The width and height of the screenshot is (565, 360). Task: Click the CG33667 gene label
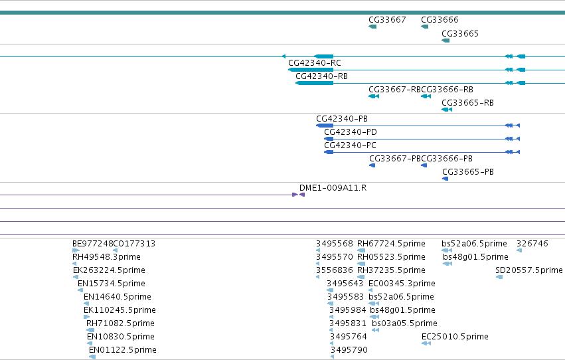pos(387,20)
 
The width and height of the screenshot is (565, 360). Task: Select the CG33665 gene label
pos(460,34)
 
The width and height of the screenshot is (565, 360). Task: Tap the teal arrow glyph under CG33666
pos(424,27)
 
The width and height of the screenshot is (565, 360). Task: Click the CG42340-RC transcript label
pos(314,63)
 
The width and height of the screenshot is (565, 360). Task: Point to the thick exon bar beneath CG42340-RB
pos(314,83)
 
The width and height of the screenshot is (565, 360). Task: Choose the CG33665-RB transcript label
pos(467,103)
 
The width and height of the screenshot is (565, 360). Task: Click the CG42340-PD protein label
pos(351,132)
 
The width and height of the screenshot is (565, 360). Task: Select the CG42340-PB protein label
pos(342,119)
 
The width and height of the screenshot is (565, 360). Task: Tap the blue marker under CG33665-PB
pos(445,179)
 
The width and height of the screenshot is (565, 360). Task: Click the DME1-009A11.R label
pos(333,188)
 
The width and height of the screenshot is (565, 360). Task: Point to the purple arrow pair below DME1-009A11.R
pos(299,195)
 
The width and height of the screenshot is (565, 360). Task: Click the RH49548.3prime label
pos(106,257)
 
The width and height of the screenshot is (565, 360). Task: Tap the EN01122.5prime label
pos(123,350)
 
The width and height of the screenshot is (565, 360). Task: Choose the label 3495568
pos(335,244)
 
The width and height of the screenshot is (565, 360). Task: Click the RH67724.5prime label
pos(391,244)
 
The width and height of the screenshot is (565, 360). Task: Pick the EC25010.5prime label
pos(455,337)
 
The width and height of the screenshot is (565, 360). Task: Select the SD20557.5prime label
pos(528,270)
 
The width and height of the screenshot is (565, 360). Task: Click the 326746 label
pos(532,244)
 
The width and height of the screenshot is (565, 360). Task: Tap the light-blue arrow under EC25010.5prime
pos(426,344)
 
